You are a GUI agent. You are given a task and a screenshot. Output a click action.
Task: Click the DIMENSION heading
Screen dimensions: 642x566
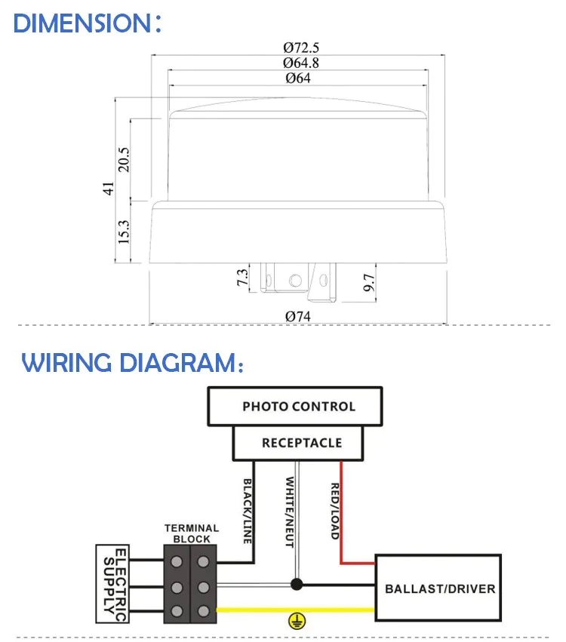click(88, 23)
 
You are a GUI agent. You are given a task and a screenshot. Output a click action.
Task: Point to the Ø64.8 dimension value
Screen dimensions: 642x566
click(300, 63)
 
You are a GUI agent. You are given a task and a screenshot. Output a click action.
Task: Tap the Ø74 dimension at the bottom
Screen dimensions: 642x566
click(298, 317)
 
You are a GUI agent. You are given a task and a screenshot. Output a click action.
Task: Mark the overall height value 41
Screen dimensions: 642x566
click(108, 188)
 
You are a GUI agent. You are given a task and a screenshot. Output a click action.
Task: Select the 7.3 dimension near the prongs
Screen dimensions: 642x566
click(242, 277)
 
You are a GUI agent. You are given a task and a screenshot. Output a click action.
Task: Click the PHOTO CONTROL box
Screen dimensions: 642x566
click(298, 407)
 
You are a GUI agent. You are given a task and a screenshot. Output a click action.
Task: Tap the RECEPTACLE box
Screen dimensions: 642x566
click(301, 443)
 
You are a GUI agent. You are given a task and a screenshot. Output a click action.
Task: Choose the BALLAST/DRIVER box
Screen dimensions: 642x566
click(439, 588)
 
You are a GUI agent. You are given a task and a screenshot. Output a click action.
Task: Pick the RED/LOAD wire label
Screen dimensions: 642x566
click(334, 510)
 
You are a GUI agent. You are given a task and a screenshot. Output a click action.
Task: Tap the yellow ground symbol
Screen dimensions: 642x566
click(298, 621)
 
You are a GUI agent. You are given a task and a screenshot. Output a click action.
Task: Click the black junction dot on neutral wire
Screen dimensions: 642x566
click(297, 584)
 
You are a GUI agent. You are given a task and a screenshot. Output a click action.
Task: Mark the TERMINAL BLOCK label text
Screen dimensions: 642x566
click(192, 533)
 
